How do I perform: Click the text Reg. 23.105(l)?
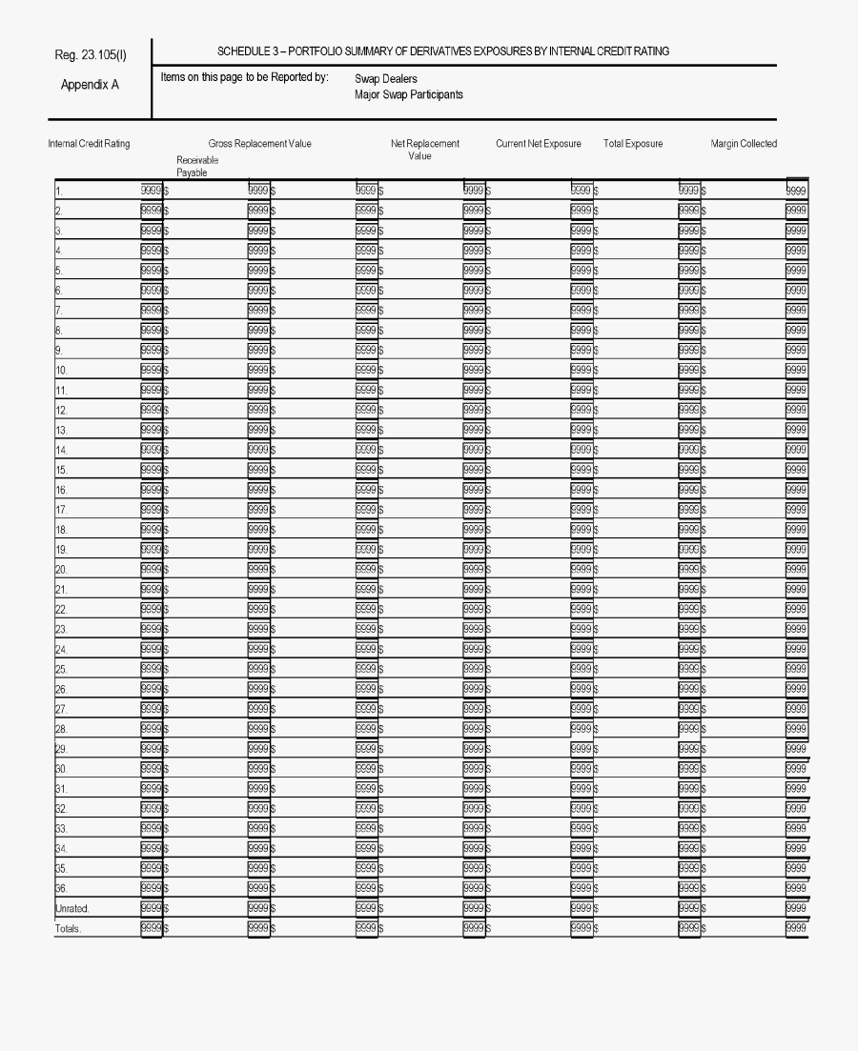coord(91,54)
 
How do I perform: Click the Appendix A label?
coord(90,85)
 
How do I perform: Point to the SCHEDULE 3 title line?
coord(442,51)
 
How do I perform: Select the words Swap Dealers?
coord(385,79)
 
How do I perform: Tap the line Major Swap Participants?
coord(408,95)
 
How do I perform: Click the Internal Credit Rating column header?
coord(89,144)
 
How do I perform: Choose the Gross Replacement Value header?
coord(259,144)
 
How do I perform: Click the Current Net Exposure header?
coord(538,144)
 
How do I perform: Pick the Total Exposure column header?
coord(633,144)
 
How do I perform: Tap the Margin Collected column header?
coord(744,144)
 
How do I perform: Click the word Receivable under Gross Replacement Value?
coord(197,161)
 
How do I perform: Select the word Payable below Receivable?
coord(192,173)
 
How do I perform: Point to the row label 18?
coord(61,530)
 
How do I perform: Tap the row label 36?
coord(61,888)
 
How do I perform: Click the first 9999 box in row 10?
coord(151,370)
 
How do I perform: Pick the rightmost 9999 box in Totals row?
coord(796,928)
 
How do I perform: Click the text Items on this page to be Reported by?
coord(245,77)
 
